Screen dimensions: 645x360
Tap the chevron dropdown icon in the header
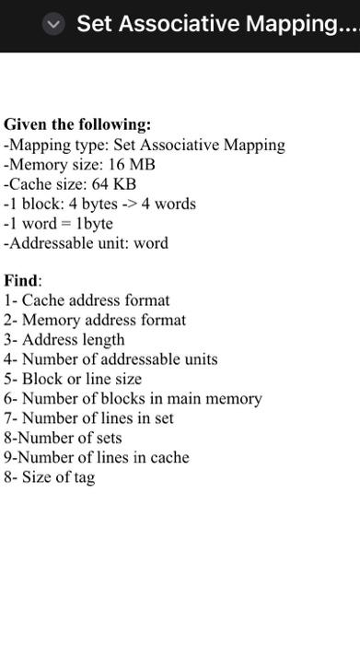(54, 25)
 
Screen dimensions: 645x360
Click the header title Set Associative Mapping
(217, 24)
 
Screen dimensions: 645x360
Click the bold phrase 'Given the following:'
(77, 124)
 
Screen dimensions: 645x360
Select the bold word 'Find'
(21, 280)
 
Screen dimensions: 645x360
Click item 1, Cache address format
(87, 300)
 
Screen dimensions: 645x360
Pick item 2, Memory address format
(95, 321)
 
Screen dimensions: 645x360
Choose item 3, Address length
(64, 340)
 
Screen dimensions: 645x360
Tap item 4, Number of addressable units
(110, 359)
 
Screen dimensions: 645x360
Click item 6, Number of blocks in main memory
(133, 399)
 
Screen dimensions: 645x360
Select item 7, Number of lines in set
(88, 418)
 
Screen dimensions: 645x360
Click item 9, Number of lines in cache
(97, 458)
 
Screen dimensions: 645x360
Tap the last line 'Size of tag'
(50, 477)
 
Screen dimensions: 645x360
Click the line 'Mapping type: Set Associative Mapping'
(145, 145)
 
